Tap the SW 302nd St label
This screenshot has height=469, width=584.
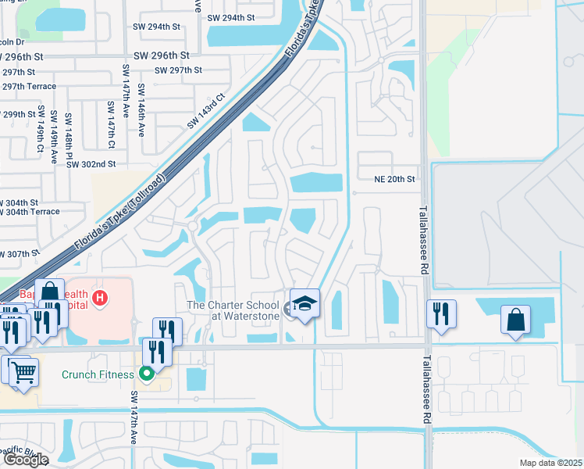pos(91,164)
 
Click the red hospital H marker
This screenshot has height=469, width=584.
pos(100,298)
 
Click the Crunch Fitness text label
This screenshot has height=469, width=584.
pos(98,374)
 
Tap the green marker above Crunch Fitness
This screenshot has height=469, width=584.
pos(145,373)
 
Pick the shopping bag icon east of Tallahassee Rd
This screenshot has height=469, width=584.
pos(515,319)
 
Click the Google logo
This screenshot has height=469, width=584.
pos(25,460)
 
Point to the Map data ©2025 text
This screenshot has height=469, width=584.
pos(551,463)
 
